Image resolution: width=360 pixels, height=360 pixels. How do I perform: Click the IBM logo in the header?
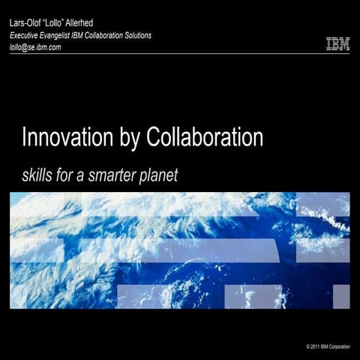(x=337, y=44)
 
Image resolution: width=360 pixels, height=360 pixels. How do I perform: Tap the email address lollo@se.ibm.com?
(x=34, y=46)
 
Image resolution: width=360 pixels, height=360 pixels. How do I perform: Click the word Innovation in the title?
(x=64, y=139)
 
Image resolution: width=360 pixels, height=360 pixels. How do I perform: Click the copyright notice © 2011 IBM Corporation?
(x=328, y=346)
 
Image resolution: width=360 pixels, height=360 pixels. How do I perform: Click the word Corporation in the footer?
(x=341, y=346)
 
